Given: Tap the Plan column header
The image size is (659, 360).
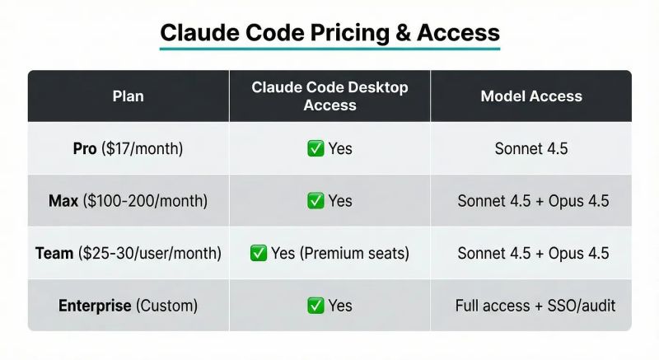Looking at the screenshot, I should tap(128, 96).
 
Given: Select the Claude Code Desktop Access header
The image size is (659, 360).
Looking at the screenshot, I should tap(329, 96).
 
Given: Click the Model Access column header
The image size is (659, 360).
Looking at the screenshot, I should tap(531, 96).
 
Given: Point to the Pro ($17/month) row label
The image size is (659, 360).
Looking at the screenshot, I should tap(128, 149).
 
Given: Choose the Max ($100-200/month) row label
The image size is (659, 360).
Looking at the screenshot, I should tap(128, 201).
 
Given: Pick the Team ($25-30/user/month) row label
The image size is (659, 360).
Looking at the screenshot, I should tap(128, 253).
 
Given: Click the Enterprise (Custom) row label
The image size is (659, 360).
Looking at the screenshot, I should tap(128, 306).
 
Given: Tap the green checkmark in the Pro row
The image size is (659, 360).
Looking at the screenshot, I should tap(315, 149).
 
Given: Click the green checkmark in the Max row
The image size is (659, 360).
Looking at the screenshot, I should tap(315, 201).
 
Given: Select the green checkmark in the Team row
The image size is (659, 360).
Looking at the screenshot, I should tap(258, 253).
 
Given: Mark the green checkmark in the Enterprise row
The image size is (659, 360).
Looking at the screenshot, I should tap(315, 306).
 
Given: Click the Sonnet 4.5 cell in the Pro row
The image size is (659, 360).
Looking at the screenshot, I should tap(531, 149).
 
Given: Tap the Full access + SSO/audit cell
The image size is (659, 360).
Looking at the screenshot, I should tap(535, 306).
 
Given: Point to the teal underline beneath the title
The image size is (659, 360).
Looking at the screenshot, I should tap(329, 49).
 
